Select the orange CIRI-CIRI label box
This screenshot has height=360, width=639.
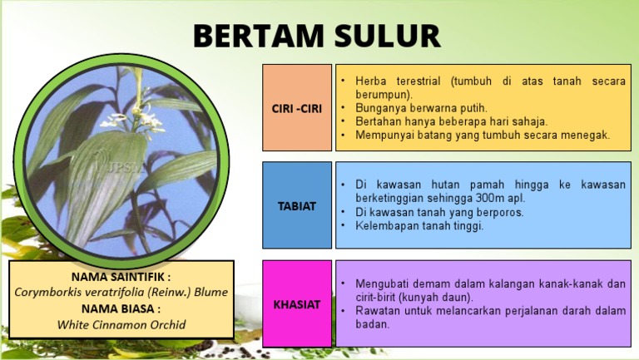coord(297,108)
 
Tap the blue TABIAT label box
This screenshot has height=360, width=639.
coord(297,205)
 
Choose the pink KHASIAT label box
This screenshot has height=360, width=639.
coord(297,304)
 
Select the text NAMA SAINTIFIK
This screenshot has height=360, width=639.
coord(121,276)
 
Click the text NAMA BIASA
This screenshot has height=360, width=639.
coord(121,308)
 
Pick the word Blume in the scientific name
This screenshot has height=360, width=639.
coord(211,292)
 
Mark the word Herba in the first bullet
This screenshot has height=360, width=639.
coord(371,81)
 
